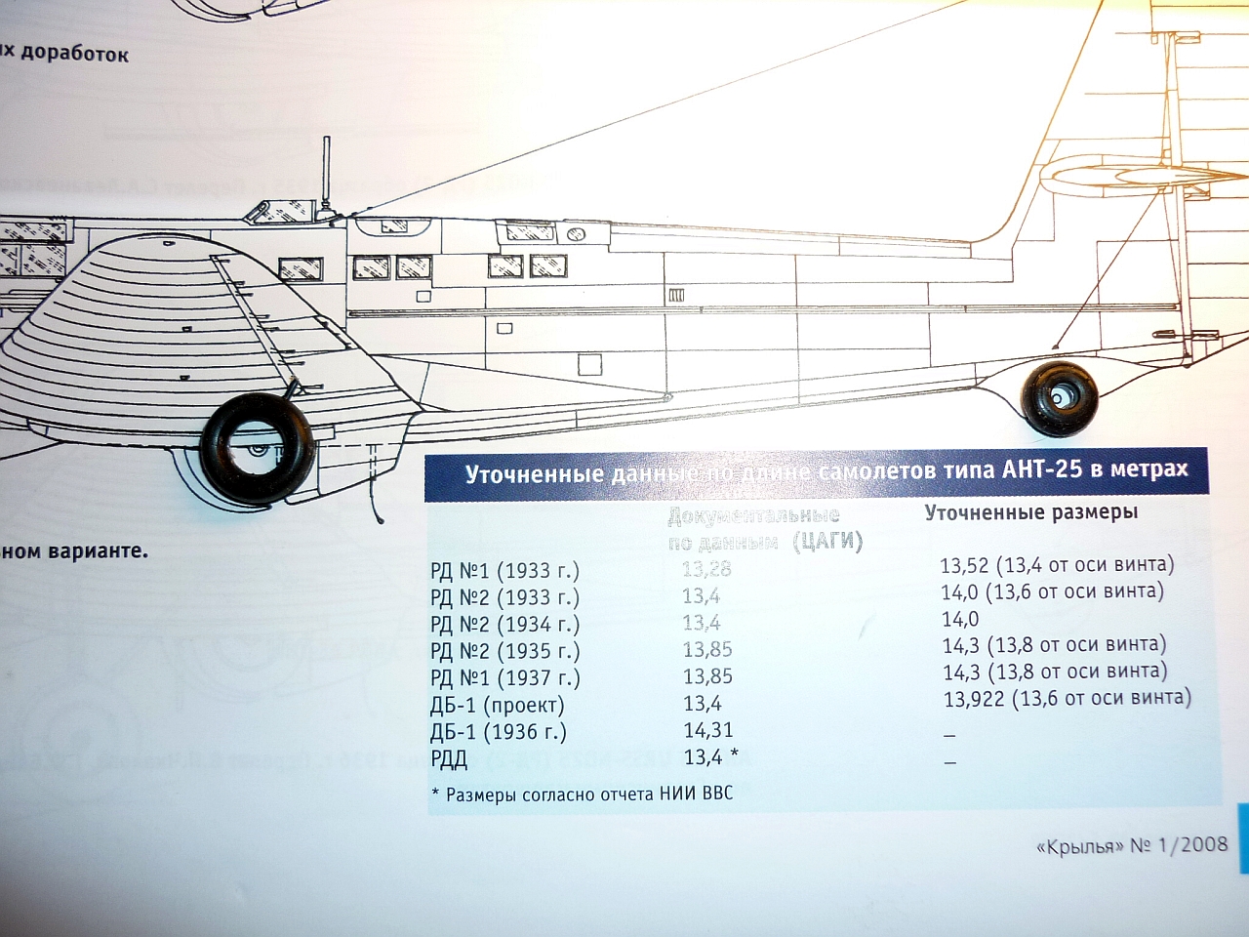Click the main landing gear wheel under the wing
(x=258, y=448)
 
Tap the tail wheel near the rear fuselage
(x=1059, y=395)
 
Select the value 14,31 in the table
(x=708, y=730)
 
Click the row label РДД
(x=449, y=758)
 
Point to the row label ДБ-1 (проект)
(x=497, y=705)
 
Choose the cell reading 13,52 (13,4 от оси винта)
(x=1057, y=564)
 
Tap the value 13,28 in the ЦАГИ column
(x=706, y=568)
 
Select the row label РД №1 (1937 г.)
(x=504, y=677)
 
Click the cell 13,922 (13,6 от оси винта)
(x=1067, y=698)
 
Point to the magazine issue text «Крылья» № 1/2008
(x=1132, y=845)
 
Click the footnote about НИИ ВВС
(x=582, y=794)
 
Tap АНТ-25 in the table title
(x=1042, y=469)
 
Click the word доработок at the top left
(x=74, y=53)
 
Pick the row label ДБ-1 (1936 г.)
(x=498, y=732)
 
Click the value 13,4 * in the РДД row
(x=710, y=756)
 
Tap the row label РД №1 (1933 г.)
(x=504, y=570)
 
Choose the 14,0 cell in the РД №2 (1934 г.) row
(x=960, y=619)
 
